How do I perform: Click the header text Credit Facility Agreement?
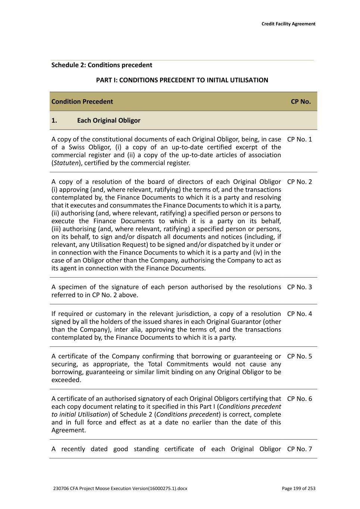coord(288,24)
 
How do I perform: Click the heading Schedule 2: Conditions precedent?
coord(101,65)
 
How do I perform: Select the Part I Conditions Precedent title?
coord(182,80)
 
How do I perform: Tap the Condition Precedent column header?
coord(82,101)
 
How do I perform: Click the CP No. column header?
coord(300,101)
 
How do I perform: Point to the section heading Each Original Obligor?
coord(109,120)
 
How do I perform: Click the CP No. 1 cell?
coord(299,139)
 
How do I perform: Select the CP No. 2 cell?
coord(299,182)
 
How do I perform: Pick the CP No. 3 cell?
coord(299,287)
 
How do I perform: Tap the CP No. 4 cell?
coord(299,314)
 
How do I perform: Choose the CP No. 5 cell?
coord(299,356)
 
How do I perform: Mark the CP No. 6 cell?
coord(299,399)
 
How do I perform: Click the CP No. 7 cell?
coord(299,449)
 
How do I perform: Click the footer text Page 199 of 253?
coord(298,488)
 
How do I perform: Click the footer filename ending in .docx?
coord(120,488)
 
